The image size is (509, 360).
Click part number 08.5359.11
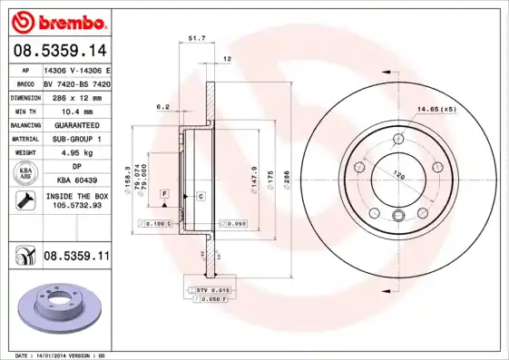coord(76,258)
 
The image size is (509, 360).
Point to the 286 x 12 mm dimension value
coord(74,95)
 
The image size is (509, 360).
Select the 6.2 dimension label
coord(163,107)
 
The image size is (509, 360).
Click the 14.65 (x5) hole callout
coord(436,110)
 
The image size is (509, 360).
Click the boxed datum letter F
coord(164,194)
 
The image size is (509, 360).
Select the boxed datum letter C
coord(200,196)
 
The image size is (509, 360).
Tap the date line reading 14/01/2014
coord(61,355)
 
